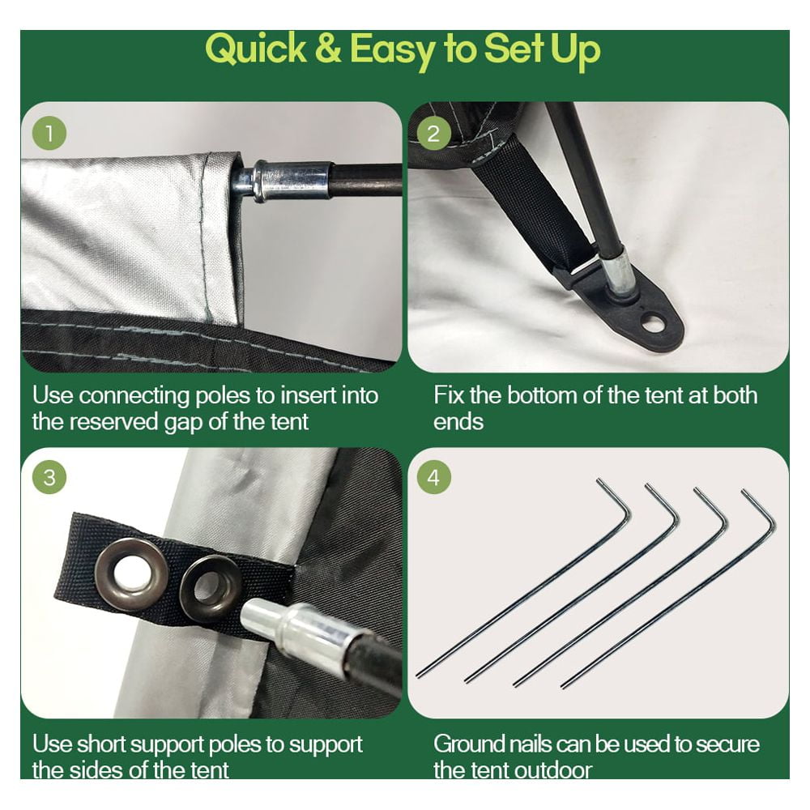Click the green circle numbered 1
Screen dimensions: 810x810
(x=49, y=134)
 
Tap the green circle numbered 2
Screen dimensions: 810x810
(x=433, y=134)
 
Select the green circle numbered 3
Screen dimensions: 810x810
(x=49, y=477)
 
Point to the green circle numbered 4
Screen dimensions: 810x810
(x=433, y=477)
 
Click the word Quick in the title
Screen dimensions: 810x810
(x=256, y=49)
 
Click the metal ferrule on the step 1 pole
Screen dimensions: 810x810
(x=292, y=181)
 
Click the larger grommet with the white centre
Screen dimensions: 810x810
(x=131, y=574)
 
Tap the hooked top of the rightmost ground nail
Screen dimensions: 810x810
(x=761, y=509)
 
